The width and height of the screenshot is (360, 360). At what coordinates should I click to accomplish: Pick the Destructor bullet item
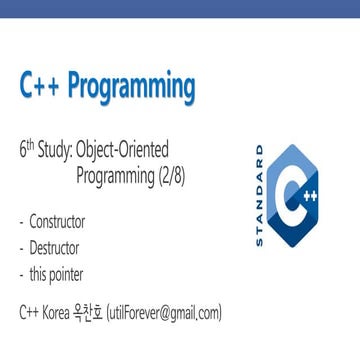54,247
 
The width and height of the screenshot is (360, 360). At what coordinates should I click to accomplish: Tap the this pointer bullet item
56,272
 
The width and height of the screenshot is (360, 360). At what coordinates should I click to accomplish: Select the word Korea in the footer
59,313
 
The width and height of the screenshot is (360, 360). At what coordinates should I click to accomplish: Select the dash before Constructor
22,222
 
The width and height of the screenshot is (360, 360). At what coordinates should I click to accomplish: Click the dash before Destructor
22,247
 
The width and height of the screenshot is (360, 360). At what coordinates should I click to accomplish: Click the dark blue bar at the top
180,11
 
